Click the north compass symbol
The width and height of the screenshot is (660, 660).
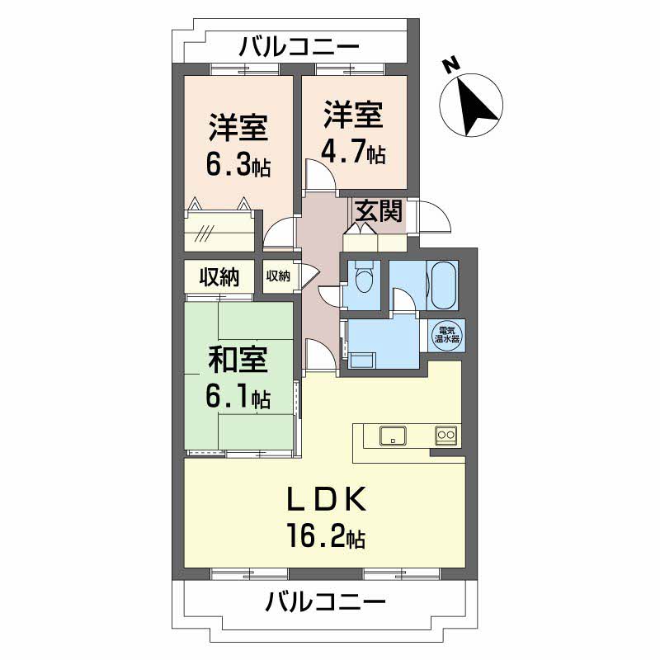tap(472, 98)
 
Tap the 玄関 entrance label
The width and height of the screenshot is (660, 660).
tap(379, 212)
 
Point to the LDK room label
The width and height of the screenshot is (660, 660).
tap(325, 500)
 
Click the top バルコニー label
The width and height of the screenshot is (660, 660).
tap(299, 46)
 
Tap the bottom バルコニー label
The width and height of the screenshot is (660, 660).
tap(325, 601)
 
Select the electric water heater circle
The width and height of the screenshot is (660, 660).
tap(450, 334)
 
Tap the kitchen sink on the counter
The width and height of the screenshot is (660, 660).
tap(391, 436)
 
